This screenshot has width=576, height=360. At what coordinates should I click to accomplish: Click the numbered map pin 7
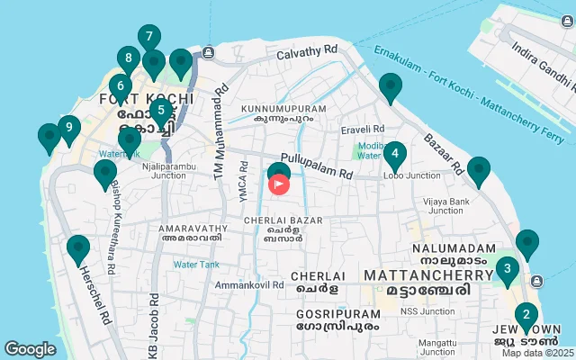coord(149,38)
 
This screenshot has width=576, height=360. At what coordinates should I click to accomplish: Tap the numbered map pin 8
coord(129,61)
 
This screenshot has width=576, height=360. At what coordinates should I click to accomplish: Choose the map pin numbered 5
coord(161,112)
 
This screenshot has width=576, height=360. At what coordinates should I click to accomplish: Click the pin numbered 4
coord(394,154)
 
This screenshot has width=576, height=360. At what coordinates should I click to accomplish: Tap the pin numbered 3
coord(508,268)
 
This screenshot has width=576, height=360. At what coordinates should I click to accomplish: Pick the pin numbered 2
coord(526,316)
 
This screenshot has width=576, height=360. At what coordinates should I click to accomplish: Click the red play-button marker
coord(279,184)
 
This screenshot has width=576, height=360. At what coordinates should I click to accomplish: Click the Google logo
coord(30,349)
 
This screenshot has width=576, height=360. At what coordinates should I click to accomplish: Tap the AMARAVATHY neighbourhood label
coord(190,233)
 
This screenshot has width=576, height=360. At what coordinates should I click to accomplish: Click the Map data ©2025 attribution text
coord(537,353)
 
